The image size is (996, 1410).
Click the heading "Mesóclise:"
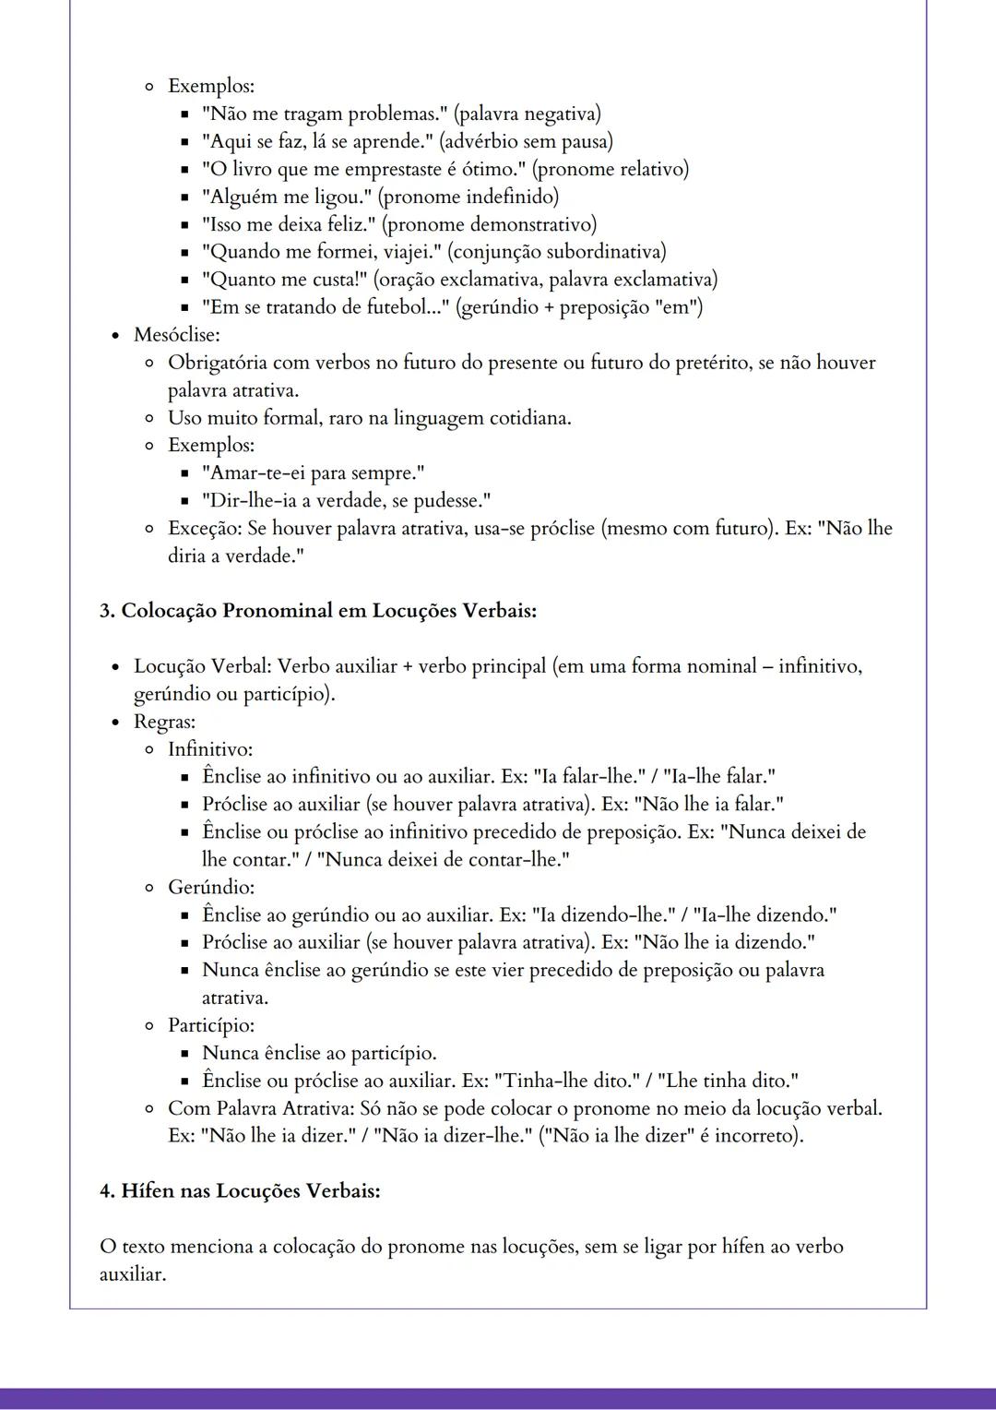[176, 335]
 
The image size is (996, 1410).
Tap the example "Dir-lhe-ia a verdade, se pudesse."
[346, 501]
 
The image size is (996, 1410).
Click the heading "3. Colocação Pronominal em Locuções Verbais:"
[318, 611]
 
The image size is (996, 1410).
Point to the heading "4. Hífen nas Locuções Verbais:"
[240, 1191]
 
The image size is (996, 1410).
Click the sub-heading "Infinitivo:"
[210, 749]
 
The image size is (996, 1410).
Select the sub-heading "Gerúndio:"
[211, 888]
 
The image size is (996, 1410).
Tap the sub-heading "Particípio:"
[211, 1025]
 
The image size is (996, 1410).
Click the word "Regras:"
[164, 722]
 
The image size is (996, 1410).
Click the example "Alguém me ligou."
[287, 197]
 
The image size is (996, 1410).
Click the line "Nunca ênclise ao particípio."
[319, 1053]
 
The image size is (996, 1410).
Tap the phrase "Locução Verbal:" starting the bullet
[202, 666]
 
